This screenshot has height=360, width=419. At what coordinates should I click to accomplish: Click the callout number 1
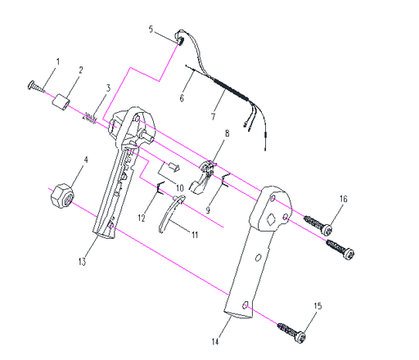(57, 62)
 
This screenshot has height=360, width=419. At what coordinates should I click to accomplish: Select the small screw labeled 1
(36, 87)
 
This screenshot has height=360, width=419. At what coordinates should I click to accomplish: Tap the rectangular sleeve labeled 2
(61, 102)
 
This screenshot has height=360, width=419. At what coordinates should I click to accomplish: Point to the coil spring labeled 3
(89, 118)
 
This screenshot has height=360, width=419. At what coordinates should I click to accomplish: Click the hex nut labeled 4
(62, 197)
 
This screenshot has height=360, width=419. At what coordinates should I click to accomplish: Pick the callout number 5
(151, 29)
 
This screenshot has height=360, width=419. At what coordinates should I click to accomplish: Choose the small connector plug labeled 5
(180, 38)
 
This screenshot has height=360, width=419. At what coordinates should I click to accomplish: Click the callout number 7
(213, 116)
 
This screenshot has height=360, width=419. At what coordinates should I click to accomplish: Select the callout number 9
(208, 210)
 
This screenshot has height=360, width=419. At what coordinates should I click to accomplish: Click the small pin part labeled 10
(173, 167)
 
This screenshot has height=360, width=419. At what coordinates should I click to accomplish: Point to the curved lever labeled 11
(170, 214)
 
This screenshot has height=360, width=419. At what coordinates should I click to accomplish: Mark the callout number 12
(142, 218)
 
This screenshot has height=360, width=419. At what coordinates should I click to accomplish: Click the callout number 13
(82, 262)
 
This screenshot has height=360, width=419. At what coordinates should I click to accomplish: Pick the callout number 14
(215, 342)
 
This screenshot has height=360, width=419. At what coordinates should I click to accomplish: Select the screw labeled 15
(291, 331)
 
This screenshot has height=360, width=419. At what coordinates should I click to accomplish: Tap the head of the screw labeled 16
(327, 230)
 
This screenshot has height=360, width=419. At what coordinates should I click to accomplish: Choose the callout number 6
(182, 98)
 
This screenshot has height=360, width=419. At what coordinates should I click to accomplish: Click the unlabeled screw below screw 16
(340, 250)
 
